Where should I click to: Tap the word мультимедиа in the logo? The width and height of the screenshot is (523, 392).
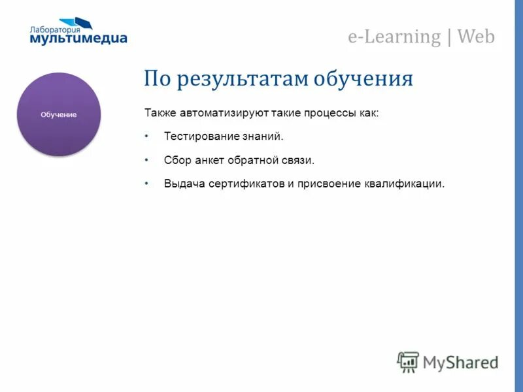coord(78,39)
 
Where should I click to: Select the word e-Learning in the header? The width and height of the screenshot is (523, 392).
coord(394,37)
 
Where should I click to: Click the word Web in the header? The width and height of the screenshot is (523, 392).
coord(476,37)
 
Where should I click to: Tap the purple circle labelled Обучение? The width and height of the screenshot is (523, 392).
coord(59,114)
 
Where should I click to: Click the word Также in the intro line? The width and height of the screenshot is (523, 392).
coord(160,113)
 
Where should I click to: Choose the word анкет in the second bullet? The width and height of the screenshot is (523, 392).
coord(209,159)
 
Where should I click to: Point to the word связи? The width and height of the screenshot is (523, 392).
coord(300,159)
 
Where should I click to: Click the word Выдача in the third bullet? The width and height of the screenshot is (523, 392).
coord(184,184)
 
